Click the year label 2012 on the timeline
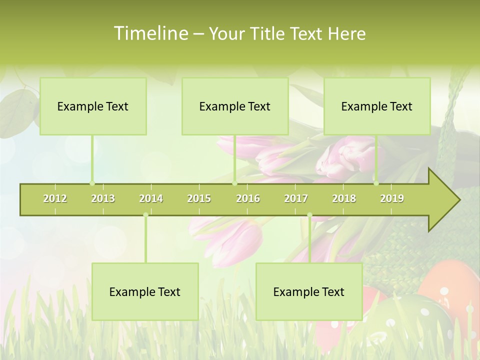point(55,198)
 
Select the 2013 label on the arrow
point(103,198)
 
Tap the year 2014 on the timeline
point(151,198)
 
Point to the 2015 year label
point(199,198)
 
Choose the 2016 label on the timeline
point(248,198)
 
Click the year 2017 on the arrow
point(296,198)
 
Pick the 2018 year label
point(344,198)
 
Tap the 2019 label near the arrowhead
point(392,198)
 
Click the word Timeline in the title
point(150,33)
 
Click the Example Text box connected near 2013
point(93,106)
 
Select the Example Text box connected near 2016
point(235,106)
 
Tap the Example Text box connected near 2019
point(377,106)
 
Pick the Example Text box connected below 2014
point(145,292)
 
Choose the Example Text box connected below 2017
point(309,292)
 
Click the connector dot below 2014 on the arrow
point(145,215)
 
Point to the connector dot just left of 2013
point(92,183)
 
